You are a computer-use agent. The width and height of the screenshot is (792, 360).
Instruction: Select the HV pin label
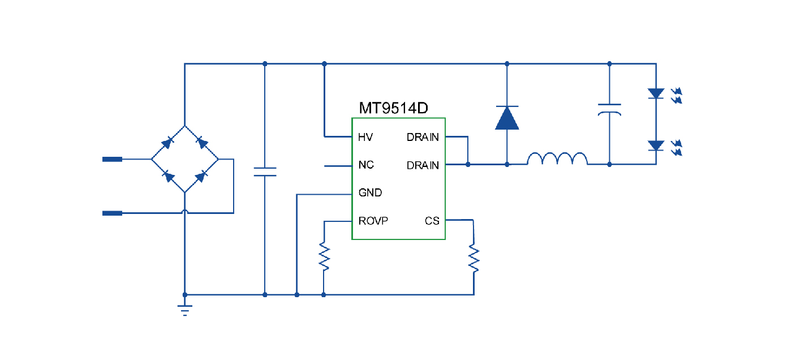pyautogui.click(x=365, y=137)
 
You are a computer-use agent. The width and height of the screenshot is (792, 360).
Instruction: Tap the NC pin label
pyautogui.click(x=366, y=165)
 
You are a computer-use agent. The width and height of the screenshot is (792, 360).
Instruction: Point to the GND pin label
pyautogui.click(x=370, y=192)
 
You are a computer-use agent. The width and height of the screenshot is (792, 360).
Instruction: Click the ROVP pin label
pyautogui.click(x=373, y=220)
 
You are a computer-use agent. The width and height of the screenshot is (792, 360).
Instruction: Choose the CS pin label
pyautogui.click(x=432, y=220)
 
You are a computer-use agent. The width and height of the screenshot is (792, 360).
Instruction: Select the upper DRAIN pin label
pyautogui.click(x=423, y=137)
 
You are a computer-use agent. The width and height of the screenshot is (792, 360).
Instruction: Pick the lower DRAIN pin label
pyautogui.click(x=423, y=165)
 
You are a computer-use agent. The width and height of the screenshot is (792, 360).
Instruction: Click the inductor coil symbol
pyautogui.click(x=557, y=160)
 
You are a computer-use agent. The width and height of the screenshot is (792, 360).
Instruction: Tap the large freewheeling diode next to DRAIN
pyautogui.click(x=507, y=118)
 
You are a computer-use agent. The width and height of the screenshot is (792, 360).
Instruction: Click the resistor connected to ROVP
pyautogui.click(x=324, y=256)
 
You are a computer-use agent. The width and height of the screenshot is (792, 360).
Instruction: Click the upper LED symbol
pyautogui.click(x=656, y=93)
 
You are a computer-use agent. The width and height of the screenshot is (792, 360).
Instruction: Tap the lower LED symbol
pyautogui.click(x=656, y=145)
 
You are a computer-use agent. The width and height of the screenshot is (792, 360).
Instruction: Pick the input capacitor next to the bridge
pyautogui.click(x=265, y=172)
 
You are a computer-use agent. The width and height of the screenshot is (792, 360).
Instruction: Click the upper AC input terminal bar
pyautogui.click(x=112, y=160)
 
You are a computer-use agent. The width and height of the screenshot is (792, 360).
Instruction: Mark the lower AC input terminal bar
pyautogui.click(x=112, y=213)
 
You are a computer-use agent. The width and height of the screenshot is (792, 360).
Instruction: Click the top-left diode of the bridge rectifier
pyautogui.click(x=167, y=143)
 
